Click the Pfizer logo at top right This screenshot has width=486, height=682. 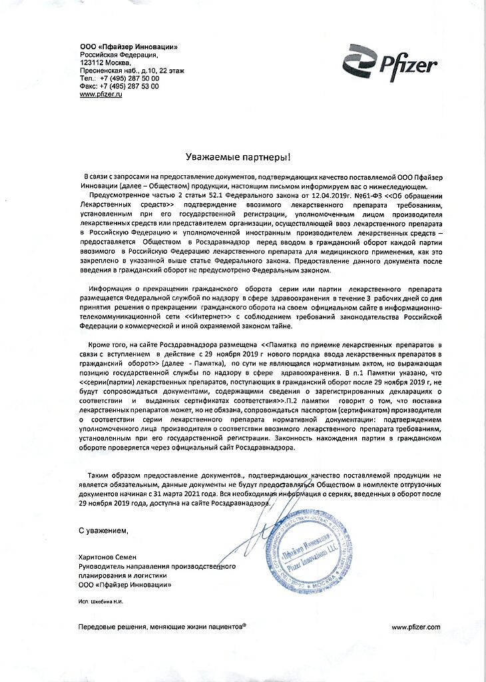(x=390, y=62)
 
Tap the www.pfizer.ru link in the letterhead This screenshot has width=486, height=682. (x=101, y=95)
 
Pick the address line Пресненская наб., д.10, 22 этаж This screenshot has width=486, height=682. (x=132, y=70)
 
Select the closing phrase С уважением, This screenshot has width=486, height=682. (x=103, y=530)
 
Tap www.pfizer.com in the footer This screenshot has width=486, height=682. (x=416, y=627)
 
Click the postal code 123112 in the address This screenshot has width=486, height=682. (x=94, y=61)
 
